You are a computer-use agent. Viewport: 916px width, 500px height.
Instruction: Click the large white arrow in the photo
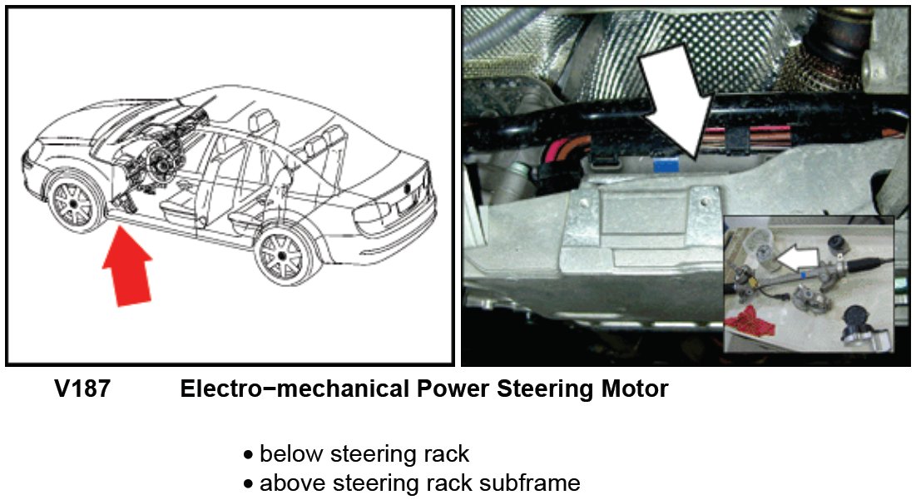coord(675,96)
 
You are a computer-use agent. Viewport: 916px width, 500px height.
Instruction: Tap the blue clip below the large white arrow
coord(665,164)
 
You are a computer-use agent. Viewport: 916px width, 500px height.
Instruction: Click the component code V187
coord(82,389)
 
